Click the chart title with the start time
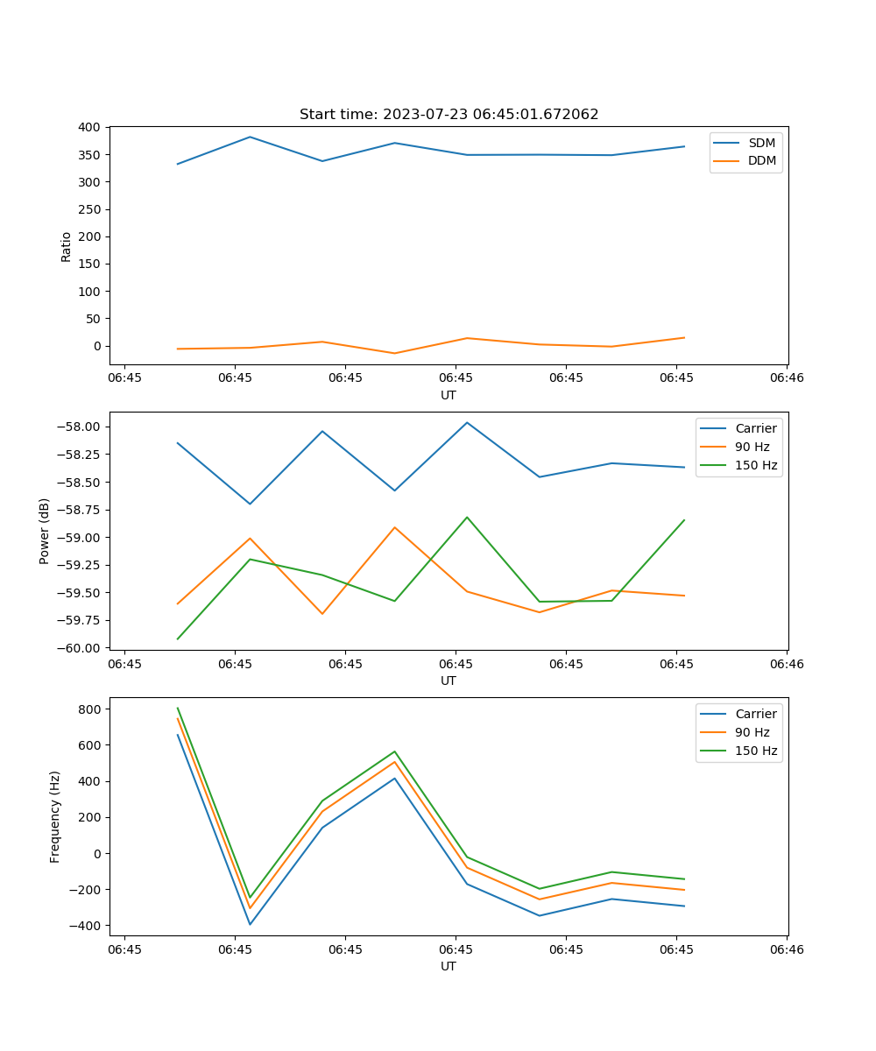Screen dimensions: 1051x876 (x=449, y=115)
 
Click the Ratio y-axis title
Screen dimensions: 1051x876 (x=67, y=246)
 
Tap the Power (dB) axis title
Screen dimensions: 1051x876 (x=45, y=531)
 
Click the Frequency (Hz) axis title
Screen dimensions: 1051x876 (x=55, y=816)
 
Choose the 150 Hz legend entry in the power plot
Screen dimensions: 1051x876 (x=756, y=465)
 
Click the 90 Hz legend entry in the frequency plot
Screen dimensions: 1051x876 (x=752, y=732)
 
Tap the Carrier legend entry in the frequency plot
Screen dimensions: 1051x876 (x=755, y=714)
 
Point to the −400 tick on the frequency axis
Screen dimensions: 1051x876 (x=88, y=926)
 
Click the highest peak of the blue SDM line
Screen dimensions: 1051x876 (x=250, y=137)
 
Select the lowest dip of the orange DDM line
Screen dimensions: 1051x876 (x=394, y=353)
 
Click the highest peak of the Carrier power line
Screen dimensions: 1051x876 (x=467, y=422)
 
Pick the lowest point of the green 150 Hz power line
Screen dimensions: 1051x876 (x=178, y=638)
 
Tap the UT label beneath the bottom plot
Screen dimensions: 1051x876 (x=449, y=966)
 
